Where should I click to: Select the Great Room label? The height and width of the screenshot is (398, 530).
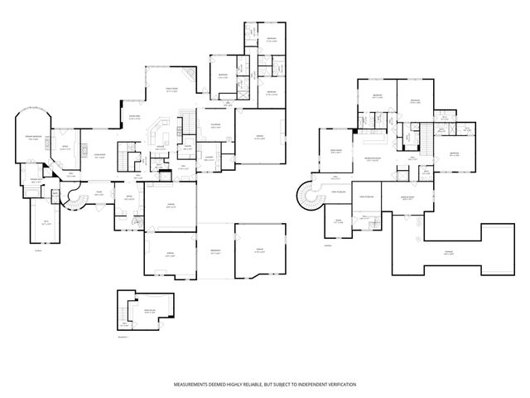172,91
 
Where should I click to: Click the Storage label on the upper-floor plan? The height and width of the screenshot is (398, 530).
448,254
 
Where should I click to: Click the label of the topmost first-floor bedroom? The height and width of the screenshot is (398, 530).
271,39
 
